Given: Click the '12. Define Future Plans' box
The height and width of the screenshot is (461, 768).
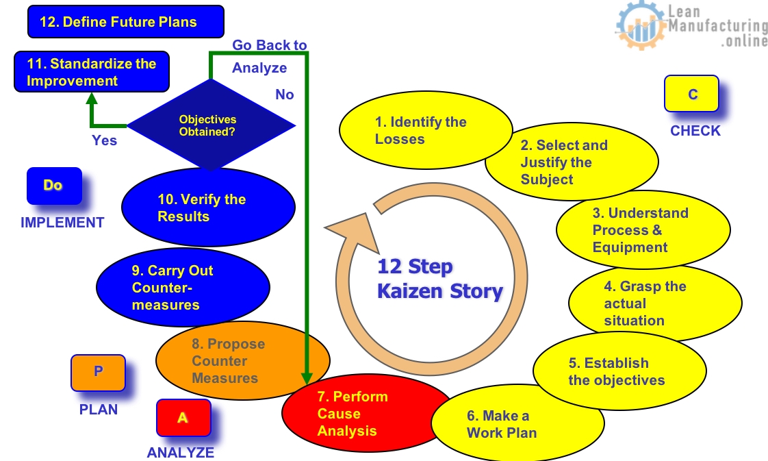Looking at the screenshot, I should [x=125, y=22].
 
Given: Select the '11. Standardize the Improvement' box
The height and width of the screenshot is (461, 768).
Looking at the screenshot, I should [x=92, y=73].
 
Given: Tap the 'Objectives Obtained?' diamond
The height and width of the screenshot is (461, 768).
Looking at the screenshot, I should [x=207, y=125].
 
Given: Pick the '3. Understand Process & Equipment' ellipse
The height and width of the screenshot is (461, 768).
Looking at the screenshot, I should [x=642, y=230].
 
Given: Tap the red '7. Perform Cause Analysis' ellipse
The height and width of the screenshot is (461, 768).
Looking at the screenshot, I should [x=356, y=414].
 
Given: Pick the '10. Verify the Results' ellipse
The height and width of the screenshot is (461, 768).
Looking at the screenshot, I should [x=207, y=208].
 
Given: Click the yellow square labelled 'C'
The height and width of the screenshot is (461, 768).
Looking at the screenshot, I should [x=691, y=94].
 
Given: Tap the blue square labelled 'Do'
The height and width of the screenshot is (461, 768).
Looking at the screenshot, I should [x=54, y=186].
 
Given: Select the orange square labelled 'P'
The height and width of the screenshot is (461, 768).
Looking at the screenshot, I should [x=98, y=372].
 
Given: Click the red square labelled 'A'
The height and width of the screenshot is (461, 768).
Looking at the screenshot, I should [x=183, y=417].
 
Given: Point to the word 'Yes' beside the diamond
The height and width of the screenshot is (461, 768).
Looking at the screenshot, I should [x=105, y=140].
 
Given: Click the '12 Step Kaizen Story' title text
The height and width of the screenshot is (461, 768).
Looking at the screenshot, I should [x=439, y=279].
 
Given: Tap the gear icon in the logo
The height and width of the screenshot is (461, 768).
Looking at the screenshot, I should [x=640, y=25].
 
